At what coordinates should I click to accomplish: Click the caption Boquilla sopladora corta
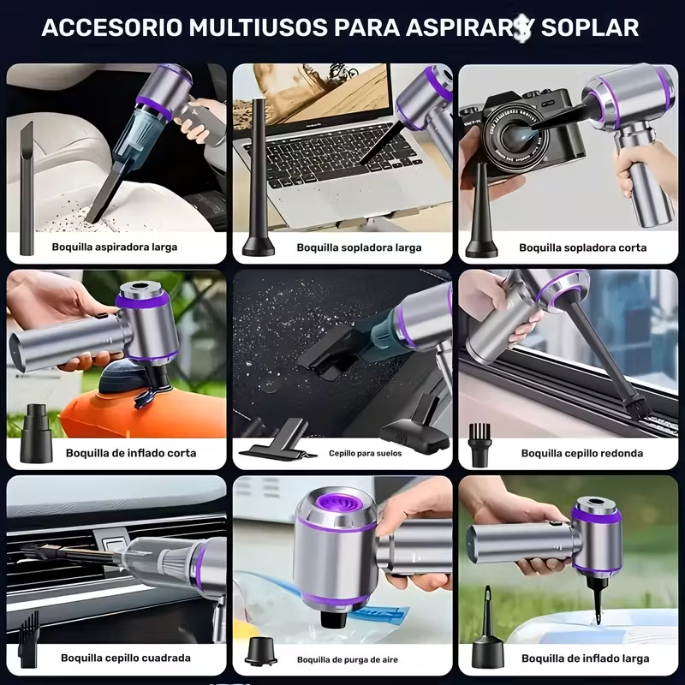pyautogui.click(x=582, y=247)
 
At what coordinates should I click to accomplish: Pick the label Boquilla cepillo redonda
pyautogui.click(x=582, y=453)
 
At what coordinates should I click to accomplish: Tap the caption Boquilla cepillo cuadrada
pyautogui.click(x=126, y=658)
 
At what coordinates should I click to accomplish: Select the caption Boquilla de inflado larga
pyautogui.click(x=585, y=658)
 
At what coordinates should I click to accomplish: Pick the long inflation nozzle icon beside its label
pyautogui.click(x=486, y=634)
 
